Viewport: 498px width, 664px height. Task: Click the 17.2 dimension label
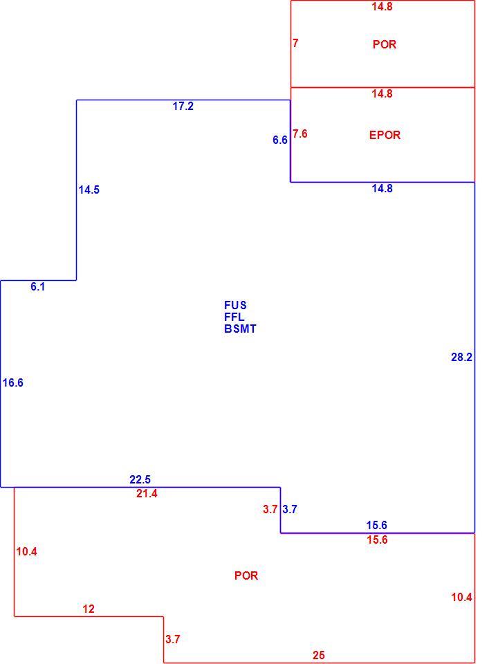tap(183, 107)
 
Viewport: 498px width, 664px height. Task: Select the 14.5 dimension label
tap(89, 190)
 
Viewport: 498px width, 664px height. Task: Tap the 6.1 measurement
tap(37, 286)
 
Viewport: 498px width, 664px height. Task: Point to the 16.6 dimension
tap(12, 382)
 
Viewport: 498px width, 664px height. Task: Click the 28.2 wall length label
tap(461, 358)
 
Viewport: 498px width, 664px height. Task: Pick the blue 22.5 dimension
tap(140, 480)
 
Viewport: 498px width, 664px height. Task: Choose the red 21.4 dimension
tap(147, 494)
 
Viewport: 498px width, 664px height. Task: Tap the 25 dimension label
tap(319, 656)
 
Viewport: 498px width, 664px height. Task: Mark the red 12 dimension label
tap(89, 609)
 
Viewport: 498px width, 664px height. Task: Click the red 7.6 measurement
tap(299, 133)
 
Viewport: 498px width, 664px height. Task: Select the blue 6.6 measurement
tap(280, 140)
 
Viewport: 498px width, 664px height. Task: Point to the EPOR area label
tap(385, 135)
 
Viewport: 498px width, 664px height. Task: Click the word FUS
tap(235, 305)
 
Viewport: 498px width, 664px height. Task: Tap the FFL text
tap(234, 317)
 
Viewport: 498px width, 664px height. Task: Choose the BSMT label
tap(240, 329)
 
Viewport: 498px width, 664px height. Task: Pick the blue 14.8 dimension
tap(382, 188)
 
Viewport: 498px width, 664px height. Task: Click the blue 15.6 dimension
tap(377, 526)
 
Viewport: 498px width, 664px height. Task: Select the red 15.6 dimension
tap(377, 540)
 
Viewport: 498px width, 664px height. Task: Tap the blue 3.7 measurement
tap(290, 510)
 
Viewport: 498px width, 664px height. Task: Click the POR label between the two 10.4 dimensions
tap(246, 575)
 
